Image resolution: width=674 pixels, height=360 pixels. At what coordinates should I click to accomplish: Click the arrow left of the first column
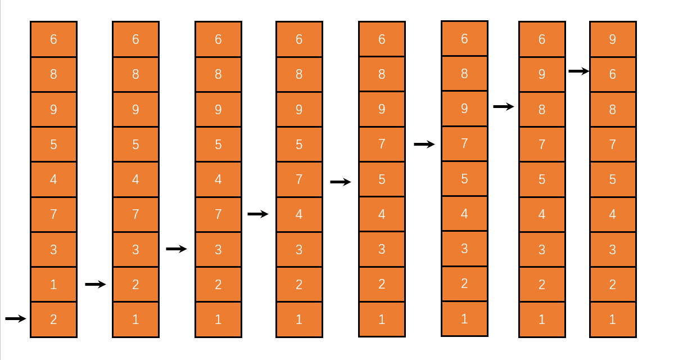(x=16, y=319)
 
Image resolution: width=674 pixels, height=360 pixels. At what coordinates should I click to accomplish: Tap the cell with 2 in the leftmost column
(x=53, y=319)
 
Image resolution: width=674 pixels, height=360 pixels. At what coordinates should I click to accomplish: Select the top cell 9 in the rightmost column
(x=613, y=39)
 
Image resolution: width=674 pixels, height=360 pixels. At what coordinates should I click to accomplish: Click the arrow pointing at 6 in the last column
(x=579, y=71)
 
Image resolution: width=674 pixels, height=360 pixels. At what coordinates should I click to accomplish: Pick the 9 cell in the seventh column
(x=542, y=74)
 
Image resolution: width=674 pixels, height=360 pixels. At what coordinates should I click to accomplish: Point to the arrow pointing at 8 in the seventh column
(x=504, y=106)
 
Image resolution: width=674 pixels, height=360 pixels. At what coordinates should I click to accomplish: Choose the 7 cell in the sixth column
(x=464, y=143)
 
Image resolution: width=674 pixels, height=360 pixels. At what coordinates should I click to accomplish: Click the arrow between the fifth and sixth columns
(x=424, y=145)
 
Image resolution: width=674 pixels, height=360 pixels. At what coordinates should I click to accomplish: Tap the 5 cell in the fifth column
(x=382, y=179)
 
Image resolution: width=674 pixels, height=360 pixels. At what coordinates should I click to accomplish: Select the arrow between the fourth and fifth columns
(x=341, y=182)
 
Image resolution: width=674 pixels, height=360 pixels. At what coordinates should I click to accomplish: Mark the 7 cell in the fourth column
(x=299, y=179)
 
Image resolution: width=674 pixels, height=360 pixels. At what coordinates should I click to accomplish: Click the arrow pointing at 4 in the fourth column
(x=258, y=214)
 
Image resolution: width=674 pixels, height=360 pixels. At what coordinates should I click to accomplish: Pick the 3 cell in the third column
(x=218, y=249)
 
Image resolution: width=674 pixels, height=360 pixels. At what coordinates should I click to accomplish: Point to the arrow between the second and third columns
(x=177, y=249)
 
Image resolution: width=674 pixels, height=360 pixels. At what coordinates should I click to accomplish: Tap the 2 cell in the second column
(x=135, y=285)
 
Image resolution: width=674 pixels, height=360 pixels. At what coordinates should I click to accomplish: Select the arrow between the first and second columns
(x=96, y=285)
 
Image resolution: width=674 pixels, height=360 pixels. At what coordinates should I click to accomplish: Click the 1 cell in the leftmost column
(x=53, y=285)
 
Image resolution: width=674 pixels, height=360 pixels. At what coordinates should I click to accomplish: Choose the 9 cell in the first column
(x=53, y=110)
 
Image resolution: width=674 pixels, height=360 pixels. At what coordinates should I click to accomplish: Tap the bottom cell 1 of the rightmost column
(x=613, y=319)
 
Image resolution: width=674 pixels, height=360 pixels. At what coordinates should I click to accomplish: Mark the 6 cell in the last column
(x=613, y=74)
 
